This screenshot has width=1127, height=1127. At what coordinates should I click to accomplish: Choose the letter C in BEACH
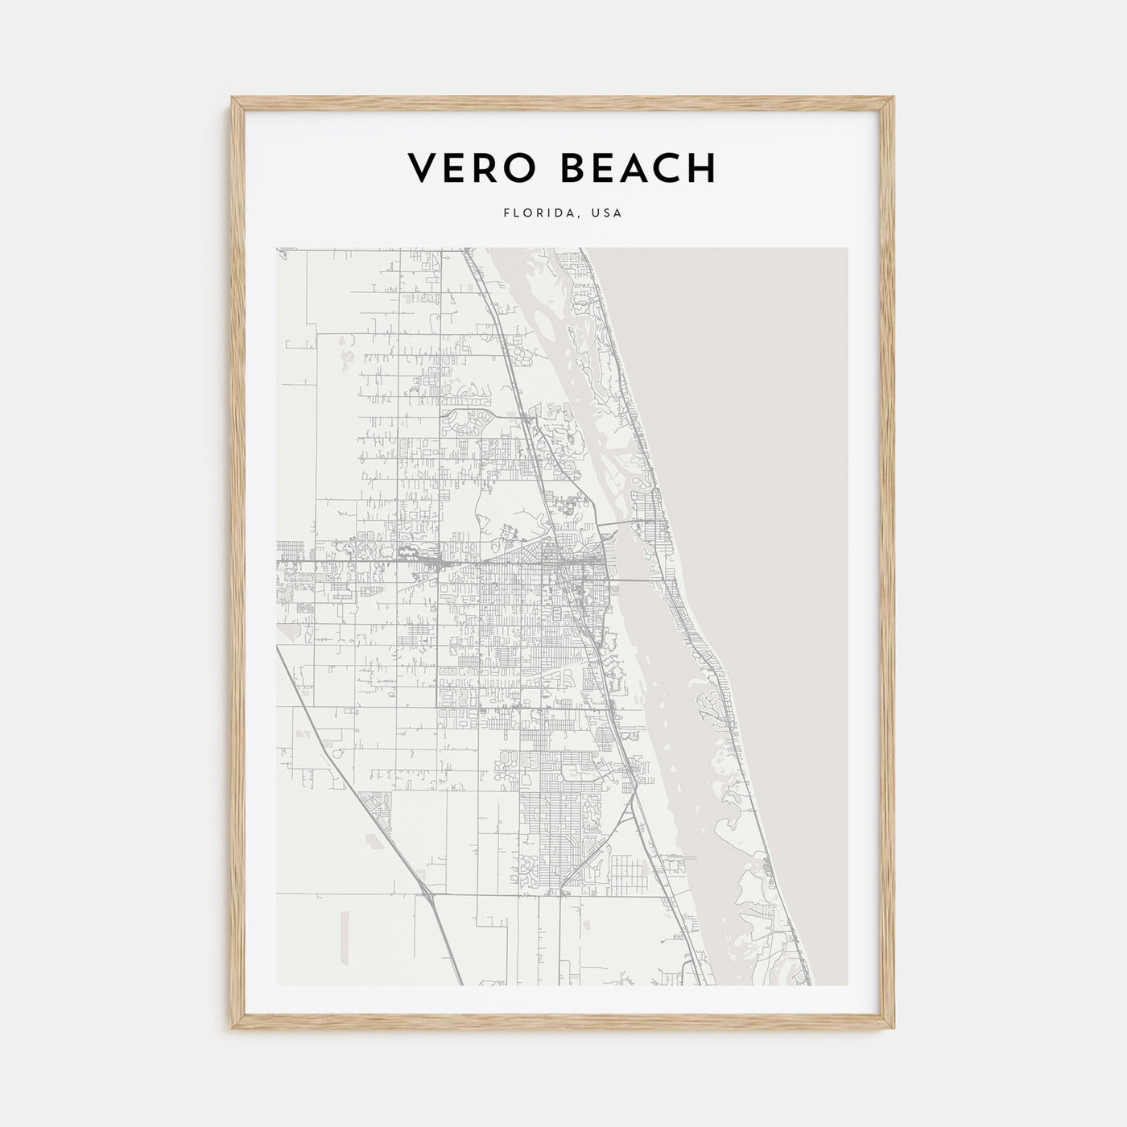667,167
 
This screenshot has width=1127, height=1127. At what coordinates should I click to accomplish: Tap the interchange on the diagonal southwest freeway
427,893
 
